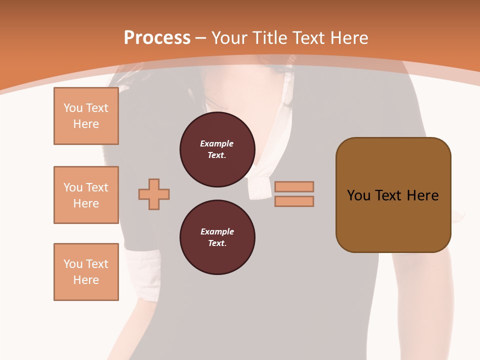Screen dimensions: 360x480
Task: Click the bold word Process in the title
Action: click(157, 37)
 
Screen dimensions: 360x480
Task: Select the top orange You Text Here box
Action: click(86, 116)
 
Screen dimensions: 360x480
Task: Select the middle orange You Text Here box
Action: click(86, 195)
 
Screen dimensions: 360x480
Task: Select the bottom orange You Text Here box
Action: click(86, 272)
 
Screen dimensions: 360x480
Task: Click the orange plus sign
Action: click(154, 194)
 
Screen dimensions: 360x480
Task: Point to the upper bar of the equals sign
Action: click(294, 186)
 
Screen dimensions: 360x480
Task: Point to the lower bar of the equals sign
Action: click(294, 201)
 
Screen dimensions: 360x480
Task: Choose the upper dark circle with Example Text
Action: click(217, 149)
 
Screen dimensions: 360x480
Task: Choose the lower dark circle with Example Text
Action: click(217, 237)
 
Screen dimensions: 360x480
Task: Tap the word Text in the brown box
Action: click(393, 195)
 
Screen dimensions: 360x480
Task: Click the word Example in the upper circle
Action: click(216, 143)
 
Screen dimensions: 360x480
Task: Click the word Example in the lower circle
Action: click(216, 231)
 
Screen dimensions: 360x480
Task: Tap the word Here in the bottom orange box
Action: click(86, 280)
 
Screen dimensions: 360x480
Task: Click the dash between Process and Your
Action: click(201, 38)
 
